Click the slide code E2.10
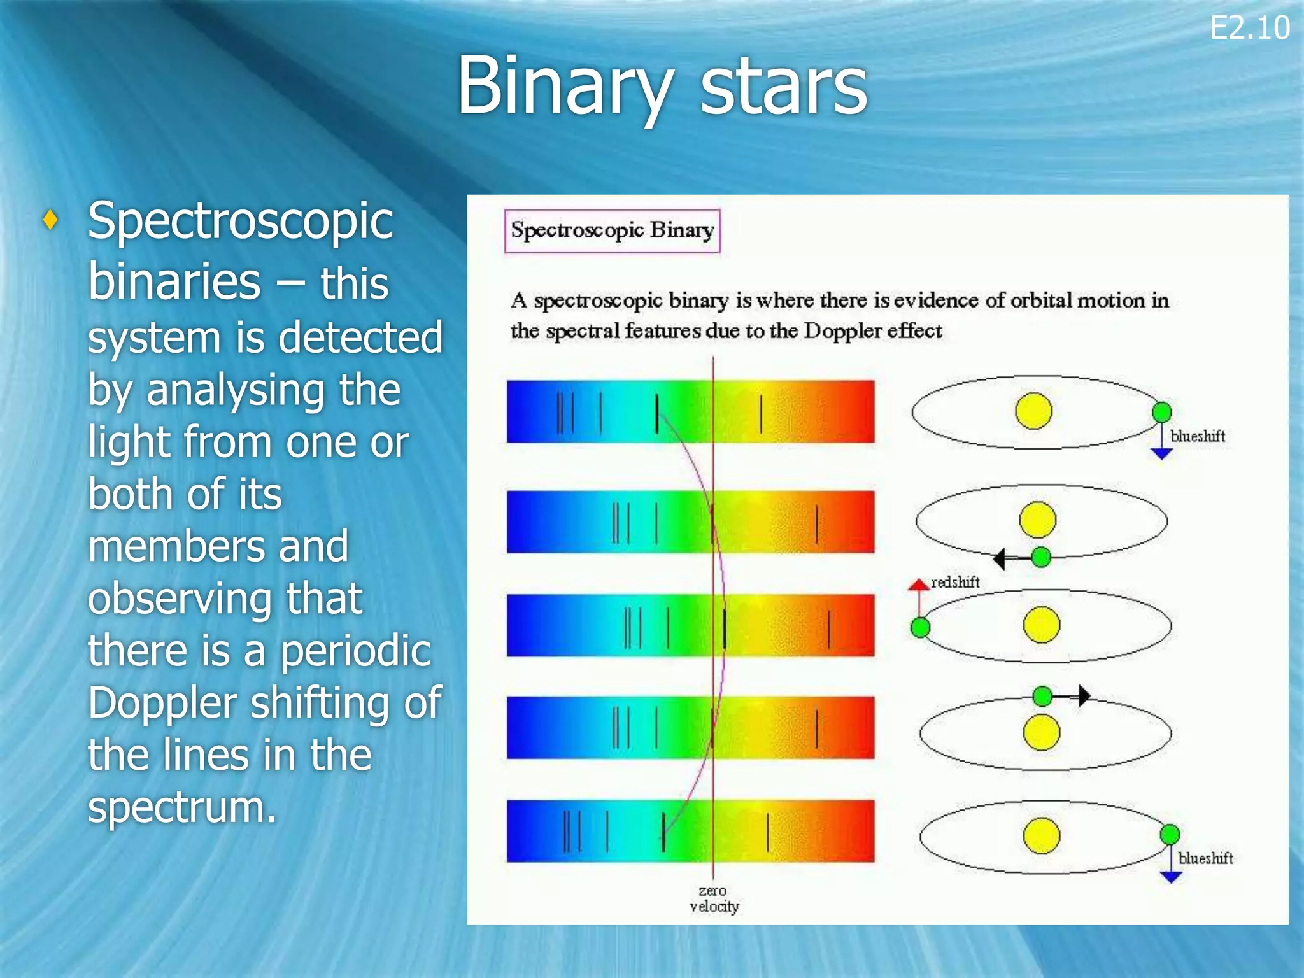(x=1249, y=29)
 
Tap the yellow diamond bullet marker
(x=51, y=220)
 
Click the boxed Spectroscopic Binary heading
(x=612, y=230)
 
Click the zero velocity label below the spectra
(x=714, y=898)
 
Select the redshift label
(x=954, y=582)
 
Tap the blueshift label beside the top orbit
(x=1197, y=436)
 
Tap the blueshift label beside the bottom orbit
(x=1205, y=858)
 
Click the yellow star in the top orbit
(x=1033, y=411)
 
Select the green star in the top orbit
(x=1162, y=412)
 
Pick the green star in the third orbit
(x=920, y=628)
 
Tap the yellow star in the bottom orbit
(x=1042, y=836)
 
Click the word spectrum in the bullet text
(x=181, y=807)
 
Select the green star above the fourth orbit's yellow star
(x=1042, y=696)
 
